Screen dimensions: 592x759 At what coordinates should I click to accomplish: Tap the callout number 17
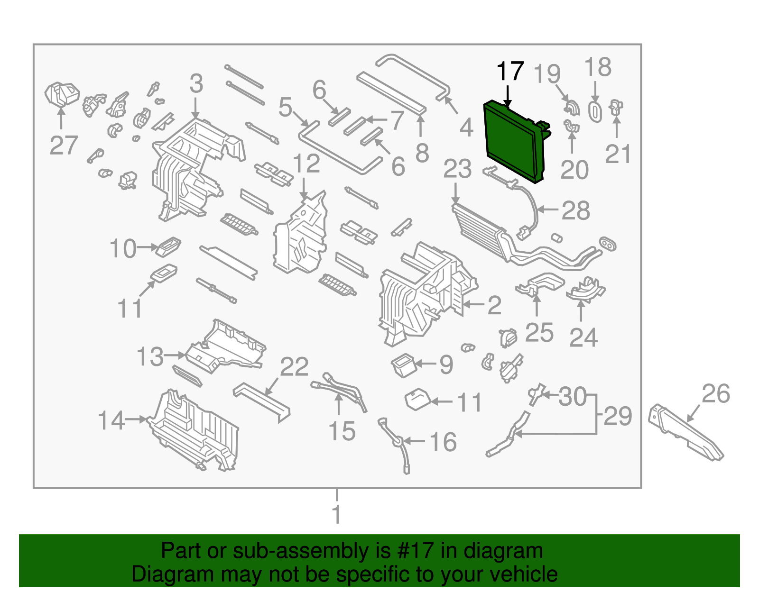coord(510,72)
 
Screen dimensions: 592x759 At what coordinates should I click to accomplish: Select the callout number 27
coord(64,145)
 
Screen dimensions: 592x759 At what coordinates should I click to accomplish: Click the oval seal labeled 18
coord(595,111)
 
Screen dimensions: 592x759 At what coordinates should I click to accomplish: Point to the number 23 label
coord(457,169)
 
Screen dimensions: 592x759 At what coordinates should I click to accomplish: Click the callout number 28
coord(575,210)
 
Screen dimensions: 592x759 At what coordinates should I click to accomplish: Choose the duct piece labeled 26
coord(685,432)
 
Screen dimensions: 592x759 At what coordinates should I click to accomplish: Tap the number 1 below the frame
coord(337,515)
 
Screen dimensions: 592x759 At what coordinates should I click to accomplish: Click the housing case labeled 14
coord(194,431)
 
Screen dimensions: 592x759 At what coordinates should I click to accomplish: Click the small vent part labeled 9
coord(403,365)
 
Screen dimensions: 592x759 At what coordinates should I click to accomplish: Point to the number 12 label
coord(306,164)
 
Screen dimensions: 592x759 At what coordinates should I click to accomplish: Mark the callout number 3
coord(196,84)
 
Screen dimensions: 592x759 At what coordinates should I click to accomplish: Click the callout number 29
coord(618,416)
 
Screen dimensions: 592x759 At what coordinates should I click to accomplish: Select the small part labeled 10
coord(168,246)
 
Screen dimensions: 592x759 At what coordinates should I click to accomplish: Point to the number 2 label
coord(494,305)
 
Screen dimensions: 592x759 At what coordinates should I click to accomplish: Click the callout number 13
coord(150,356)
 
